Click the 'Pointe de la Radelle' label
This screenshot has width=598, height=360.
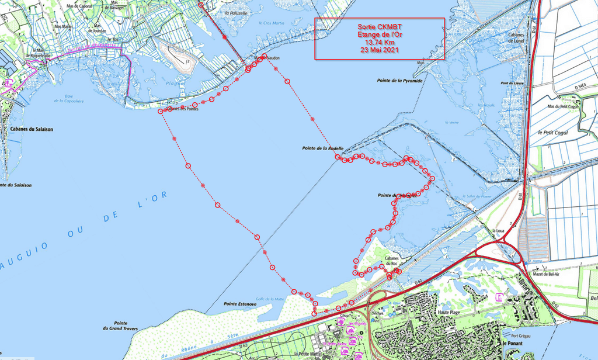point(323,148)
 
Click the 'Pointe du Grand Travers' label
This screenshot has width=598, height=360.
point(121,326)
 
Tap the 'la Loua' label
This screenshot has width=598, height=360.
point(498,231)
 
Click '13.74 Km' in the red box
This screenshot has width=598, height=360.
point(380,43)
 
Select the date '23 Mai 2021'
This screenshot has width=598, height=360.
point(380,50)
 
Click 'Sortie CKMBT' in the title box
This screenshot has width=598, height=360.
point(380,27)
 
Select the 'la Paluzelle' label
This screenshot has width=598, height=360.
point(236,12)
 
